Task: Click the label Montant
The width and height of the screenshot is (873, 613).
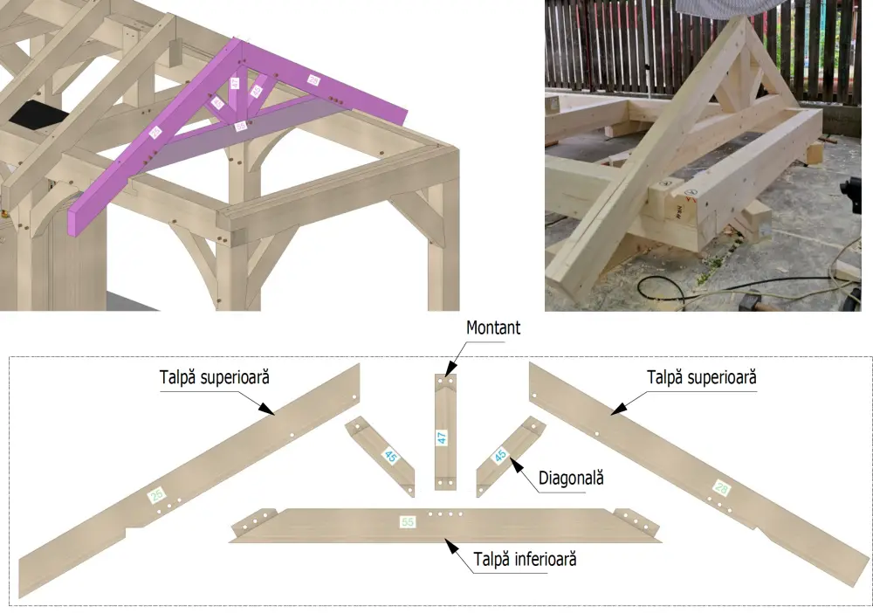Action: pos(493,328)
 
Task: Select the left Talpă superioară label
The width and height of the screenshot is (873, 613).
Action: pos(214,378)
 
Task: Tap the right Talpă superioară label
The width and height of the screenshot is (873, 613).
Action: pos(701,378)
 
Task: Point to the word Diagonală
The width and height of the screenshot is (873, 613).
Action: pos(572,478)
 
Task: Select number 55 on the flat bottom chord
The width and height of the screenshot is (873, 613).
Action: pos(407,522)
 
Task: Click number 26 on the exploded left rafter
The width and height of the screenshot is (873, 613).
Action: pos(157,495)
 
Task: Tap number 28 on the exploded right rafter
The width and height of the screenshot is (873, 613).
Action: pos(721,488)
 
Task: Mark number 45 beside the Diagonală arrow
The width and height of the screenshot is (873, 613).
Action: pos(501,455)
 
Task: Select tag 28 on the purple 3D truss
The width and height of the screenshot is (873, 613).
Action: pos(313,79)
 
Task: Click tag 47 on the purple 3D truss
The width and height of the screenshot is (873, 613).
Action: pos(234,83)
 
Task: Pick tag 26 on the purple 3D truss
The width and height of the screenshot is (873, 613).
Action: pos(155,133)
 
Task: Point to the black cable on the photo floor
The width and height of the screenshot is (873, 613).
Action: pos(663,286)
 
